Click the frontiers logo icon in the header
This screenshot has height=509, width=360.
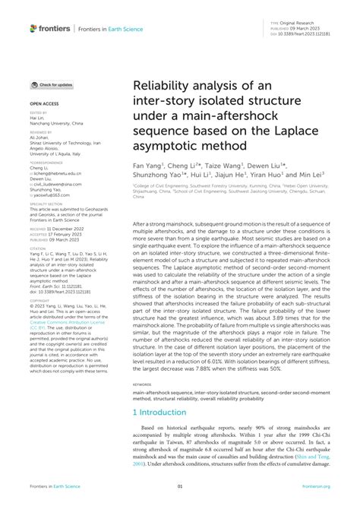point(33,28)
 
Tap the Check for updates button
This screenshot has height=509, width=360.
point(52,84)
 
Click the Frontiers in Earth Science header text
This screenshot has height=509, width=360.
point(106,29)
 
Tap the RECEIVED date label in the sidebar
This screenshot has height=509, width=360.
point(39,227)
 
